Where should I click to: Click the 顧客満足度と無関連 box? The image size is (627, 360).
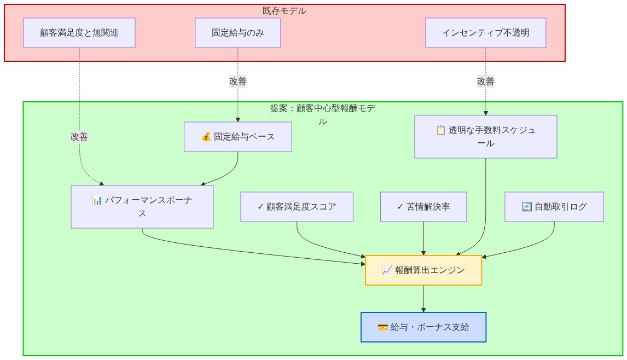79,33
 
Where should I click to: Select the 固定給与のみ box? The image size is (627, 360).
237,33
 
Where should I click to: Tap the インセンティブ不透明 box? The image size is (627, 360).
485,33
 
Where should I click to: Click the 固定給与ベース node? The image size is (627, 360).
237,137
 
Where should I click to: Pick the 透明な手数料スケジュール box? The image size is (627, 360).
485,137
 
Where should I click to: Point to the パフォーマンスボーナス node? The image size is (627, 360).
142,207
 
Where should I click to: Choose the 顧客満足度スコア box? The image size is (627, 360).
297,207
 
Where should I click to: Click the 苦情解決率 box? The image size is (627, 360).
423,207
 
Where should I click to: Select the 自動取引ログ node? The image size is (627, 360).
554,207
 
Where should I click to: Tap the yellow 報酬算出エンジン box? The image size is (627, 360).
423,270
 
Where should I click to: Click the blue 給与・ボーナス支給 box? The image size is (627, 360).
423,327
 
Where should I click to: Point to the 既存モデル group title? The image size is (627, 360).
285,11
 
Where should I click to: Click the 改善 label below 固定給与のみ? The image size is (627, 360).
237,82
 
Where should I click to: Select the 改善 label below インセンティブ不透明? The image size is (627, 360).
485,82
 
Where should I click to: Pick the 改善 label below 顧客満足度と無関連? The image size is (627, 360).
79,137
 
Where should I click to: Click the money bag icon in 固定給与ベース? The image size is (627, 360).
206,137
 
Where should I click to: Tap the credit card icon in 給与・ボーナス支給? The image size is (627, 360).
382,327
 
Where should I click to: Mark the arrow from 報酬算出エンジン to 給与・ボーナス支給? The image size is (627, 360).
423,299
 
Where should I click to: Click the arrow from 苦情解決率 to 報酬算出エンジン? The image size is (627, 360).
423,239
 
